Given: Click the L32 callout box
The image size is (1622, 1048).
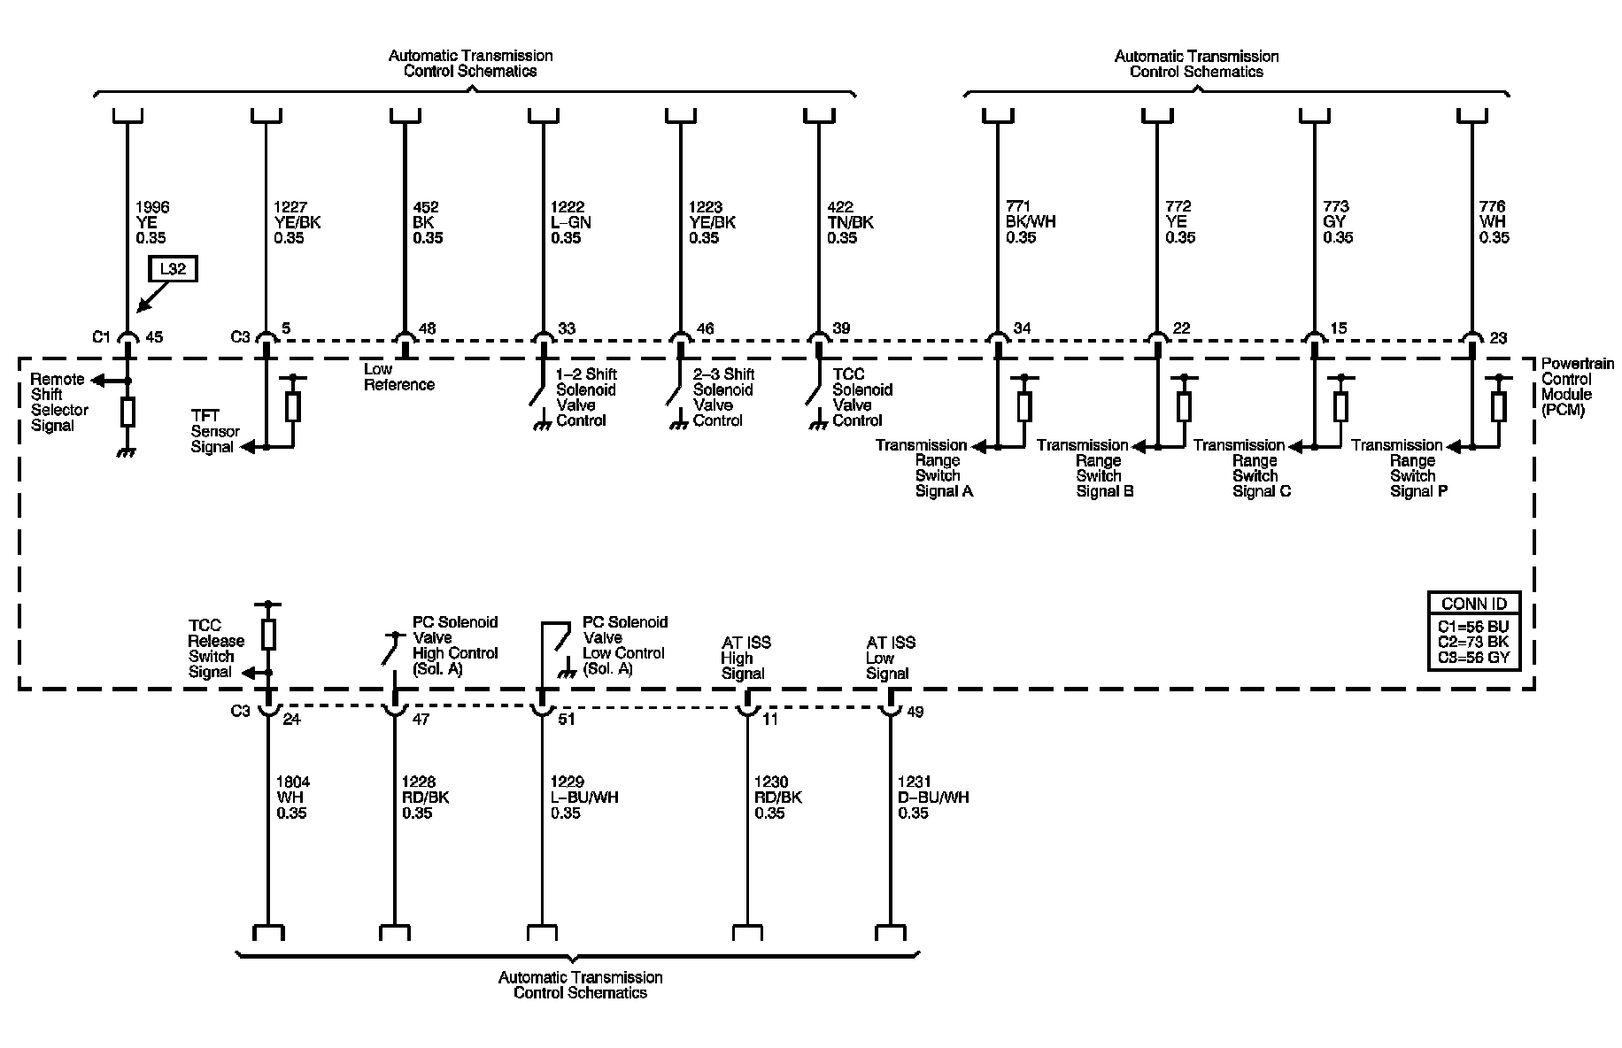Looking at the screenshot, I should point(173,269).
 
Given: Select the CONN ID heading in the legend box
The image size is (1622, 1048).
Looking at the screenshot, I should point(1473,604).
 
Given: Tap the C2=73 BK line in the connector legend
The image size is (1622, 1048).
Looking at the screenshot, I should point(1473,642).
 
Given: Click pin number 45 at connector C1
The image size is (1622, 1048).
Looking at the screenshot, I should point(154,336).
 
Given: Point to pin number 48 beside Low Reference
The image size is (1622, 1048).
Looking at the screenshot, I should point(427,329).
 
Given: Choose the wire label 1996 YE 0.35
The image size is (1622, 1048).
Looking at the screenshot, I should point(152,222).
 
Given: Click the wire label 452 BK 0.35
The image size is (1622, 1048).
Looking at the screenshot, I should point(428,222).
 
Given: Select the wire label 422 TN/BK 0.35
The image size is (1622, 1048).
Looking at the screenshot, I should point(850,222).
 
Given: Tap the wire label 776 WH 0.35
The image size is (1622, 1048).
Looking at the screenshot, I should point(1494,222).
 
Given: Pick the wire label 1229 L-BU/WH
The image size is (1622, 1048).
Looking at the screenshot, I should point(584,798).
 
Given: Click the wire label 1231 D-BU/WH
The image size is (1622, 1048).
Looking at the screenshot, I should point(933,798).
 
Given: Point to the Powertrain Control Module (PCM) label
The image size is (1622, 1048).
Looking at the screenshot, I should point(1577,387).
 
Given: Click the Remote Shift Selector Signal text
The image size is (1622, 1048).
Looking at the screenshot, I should point(59,403).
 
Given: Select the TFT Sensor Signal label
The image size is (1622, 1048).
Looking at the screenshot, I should point(214,431).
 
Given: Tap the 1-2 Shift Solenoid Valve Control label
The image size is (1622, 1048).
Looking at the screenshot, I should point(585,397).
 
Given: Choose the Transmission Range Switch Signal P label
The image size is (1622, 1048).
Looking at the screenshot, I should point(1398,468).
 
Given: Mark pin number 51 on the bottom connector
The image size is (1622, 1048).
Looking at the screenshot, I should point(567,719).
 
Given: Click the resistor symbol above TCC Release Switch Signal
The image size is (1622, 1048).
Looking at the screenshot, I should point(268,634).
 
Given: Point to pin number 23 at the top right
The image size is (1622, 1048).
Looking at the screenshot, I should point(1498,337).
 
